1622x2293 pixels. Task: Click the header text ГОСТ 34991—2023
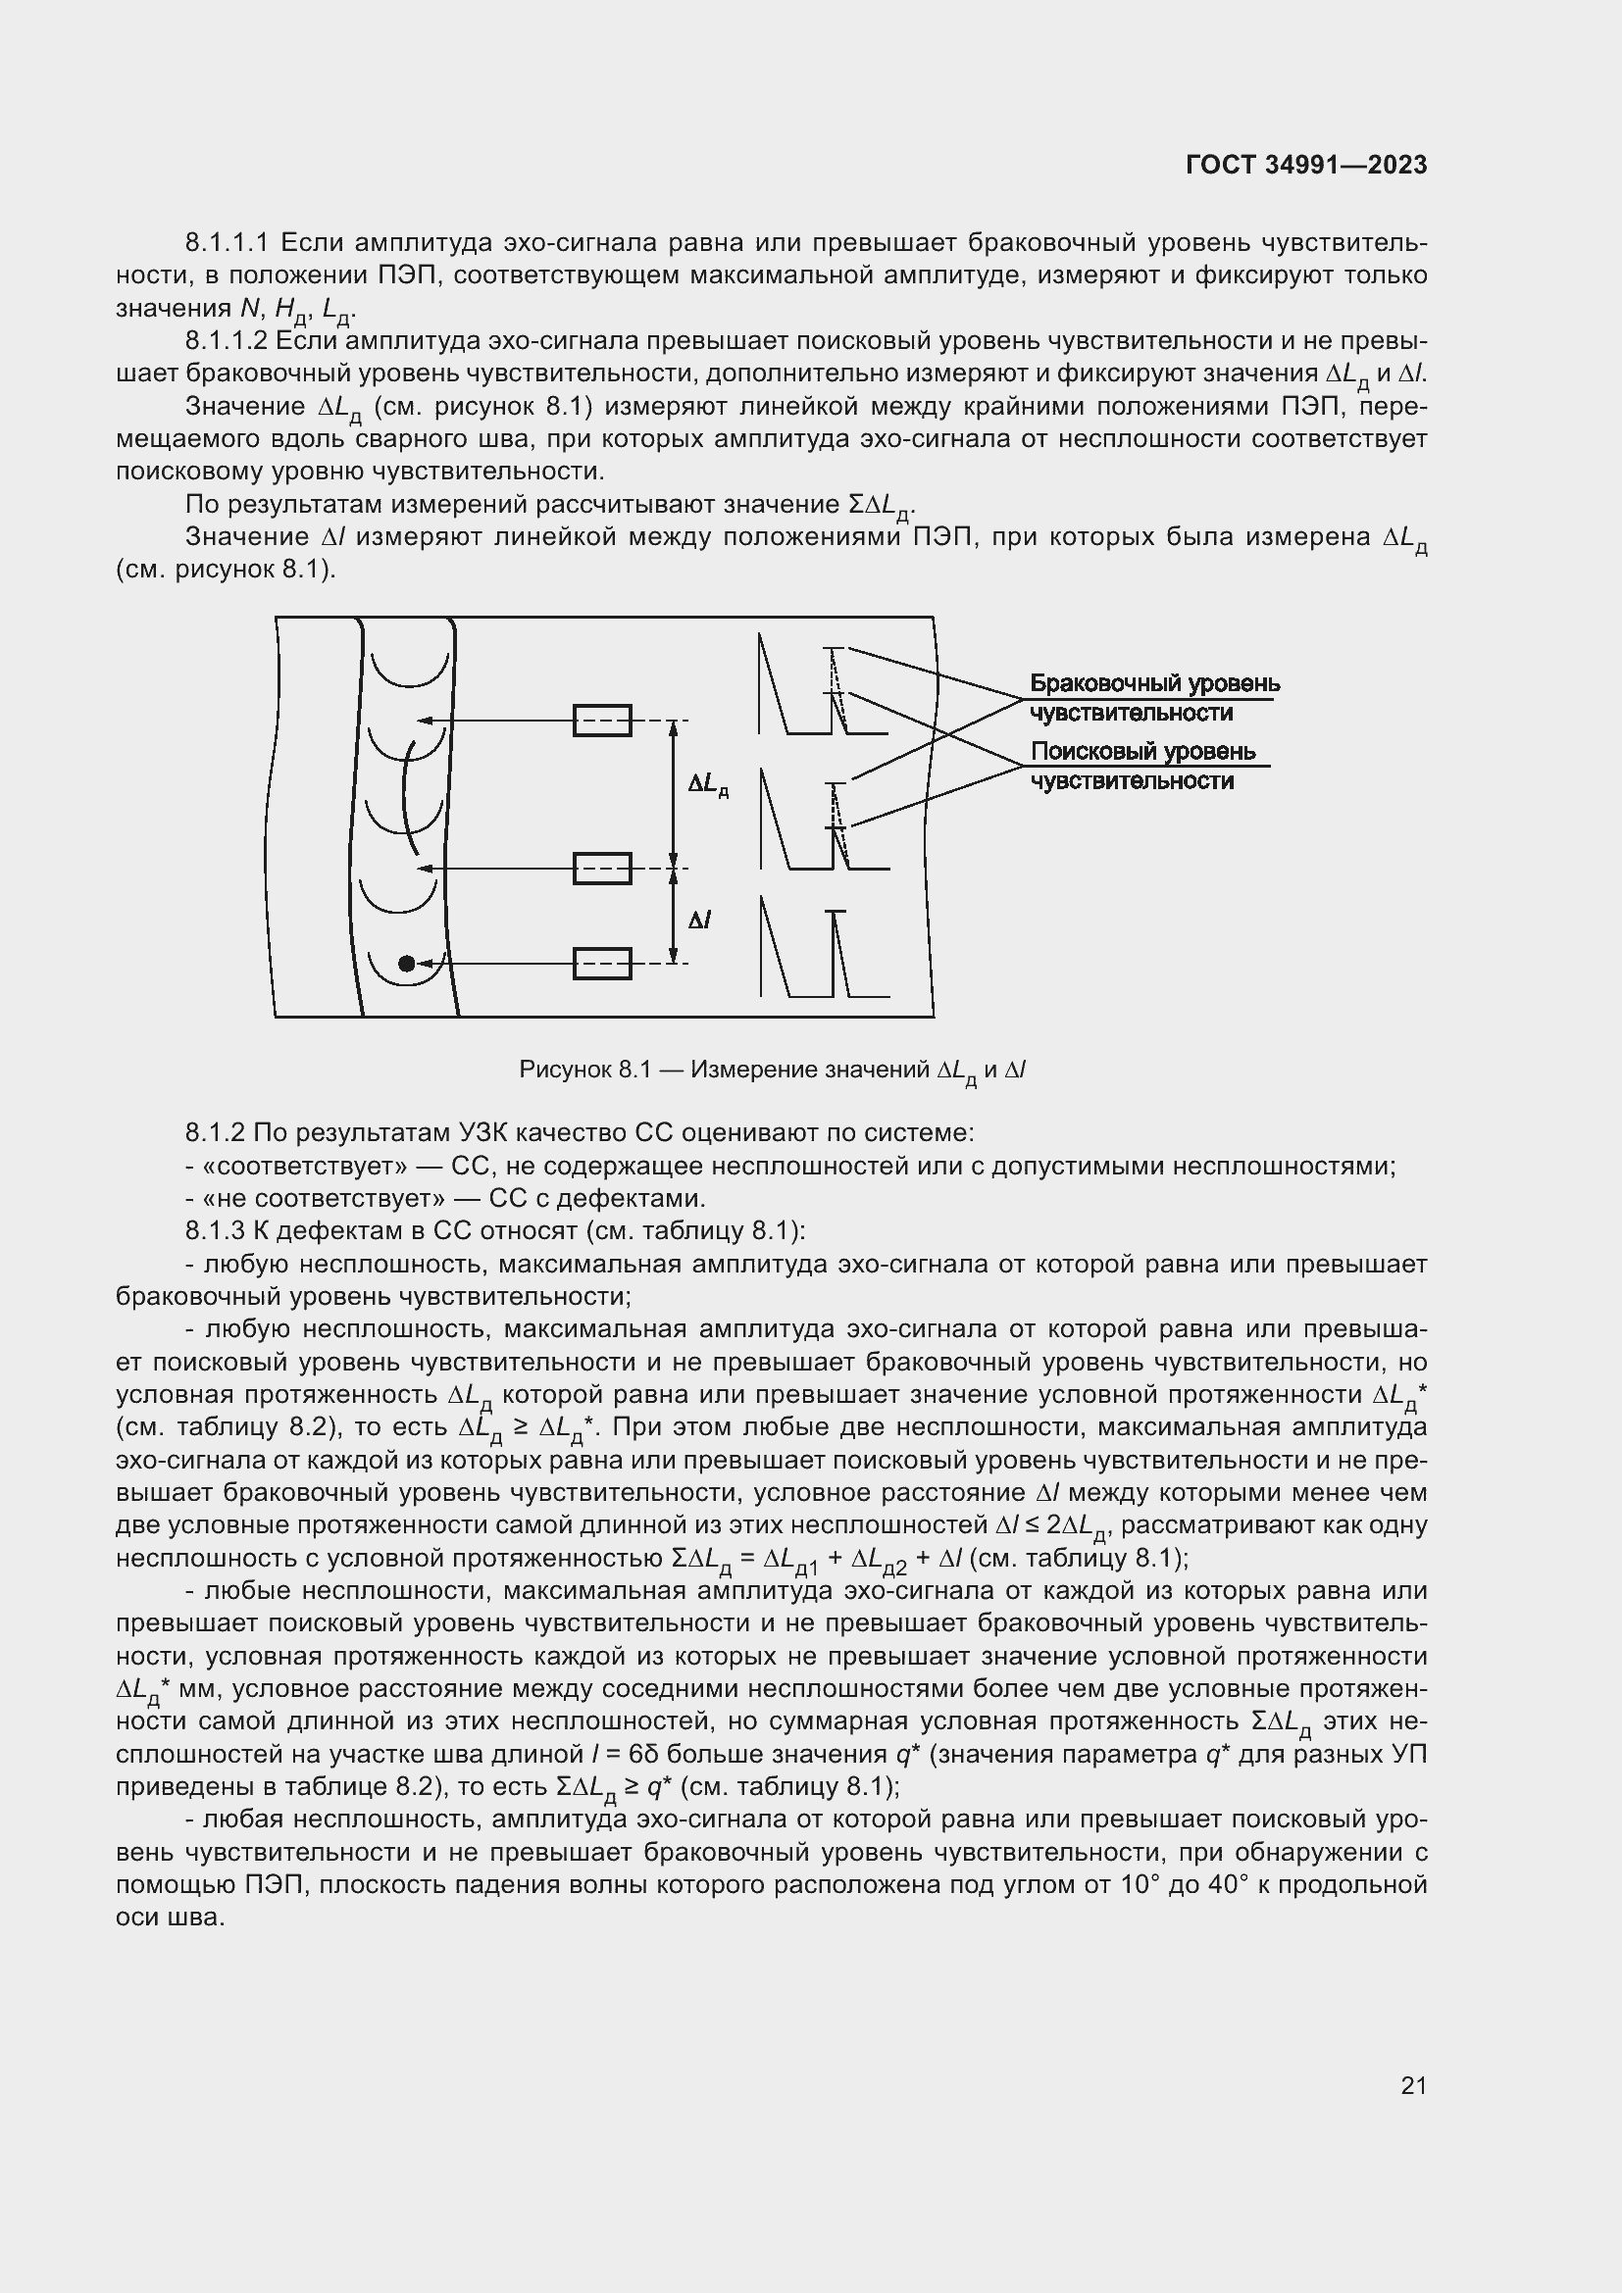1305,166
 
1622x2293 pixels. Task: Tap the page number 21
1413,2085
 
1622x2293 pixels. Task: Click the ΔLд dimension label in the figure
707,786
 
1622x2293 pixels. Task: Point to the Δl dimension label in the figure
699,919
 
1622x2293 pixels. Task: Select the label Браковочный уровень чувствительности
1153,697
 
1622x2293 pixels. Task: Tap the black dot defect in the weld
406,963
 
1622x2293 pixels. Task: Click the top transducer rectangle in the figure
601,721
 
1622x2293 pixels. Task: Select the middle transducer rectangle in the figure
601,868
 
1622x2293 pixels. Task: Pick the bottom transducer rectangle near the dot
601,963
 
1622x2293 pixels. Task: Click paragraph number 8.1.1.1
228,243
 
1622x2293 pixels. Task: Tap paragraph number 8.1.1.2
227,340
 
